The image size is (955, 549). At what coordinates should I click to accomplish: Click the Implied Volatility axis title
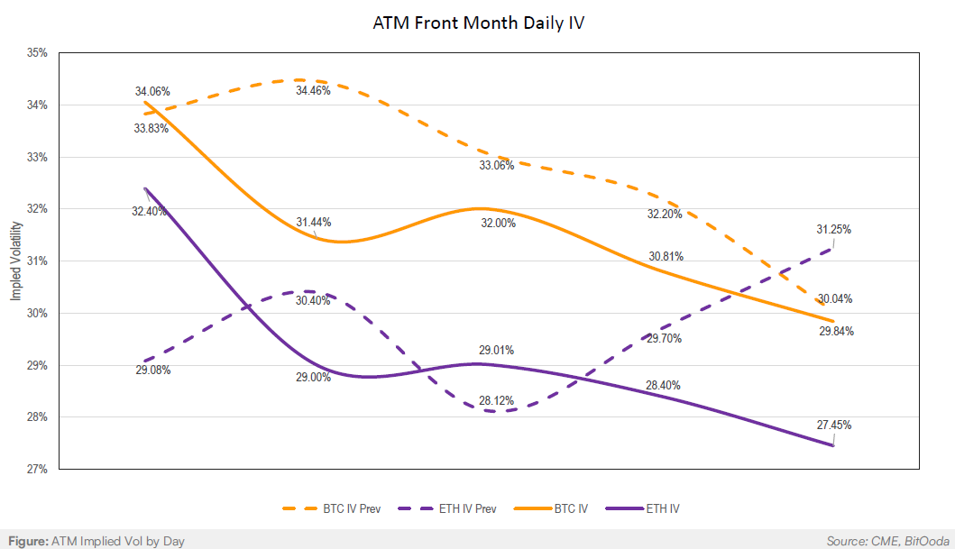pyautogui.click(x=15, y=261)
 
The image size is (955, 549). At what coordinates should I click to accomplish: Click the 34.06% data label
pyautogui.click(x=152, y=91)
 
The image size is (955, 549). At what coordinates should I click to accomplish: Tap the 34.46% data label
pyautogui.click(x=313, y=91)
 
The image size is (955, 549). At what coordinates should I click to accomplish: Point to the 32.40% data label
pyautogui.click(x=149, y=211)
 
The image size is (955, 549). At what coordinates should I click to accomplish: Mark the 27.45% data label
pyautogui.click(x=834, y=425)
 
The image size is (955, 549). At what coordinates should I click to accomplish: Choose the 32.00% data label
pyautogui.click(x=498, y=223)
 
